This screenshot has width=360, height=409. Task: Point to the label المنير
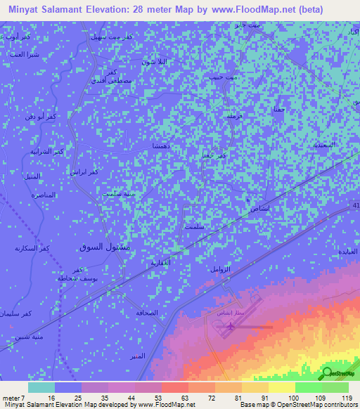138,356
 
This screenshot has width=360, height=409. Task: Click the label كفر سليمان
16,312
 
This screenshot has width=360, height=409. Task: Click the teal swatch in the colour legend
41,387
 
